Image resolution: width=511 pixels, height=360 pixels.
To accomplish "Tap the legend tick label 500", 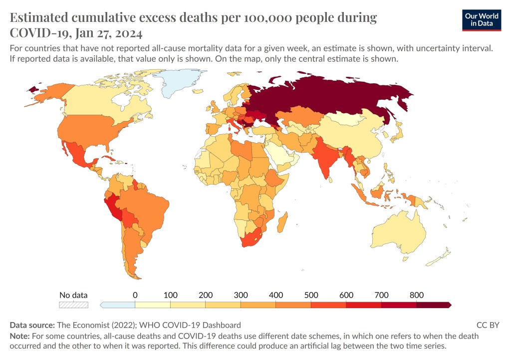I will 311,295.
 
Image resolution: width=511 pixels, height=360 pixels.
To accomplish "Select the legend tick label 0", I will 135,295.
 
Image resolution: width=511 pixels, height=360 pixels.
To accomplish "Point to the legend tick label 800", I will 416,295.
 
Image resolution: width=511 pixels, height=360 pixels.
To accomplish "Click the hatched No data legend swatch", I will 73,304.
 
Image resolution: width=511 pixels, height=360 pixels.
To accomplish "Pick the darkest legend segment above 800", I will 433,304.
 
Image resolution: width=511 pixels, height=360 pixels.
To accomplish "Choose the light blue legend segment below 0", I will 117,304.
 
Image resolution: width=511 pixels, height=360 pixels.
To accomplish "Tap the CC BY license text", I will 488,325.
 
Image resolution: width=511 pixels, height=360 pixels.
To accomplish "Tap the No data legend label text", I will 73,295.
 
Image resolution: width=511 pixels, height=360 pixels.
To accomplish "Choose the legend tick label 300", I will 241,295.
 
